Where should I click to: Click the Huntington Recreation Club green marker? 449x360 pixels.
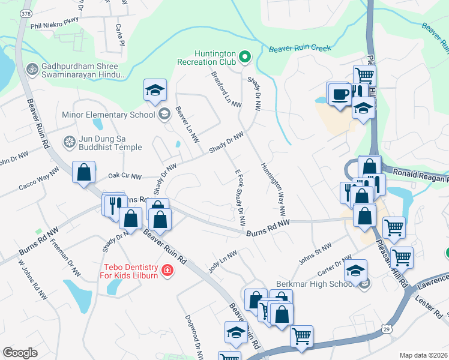[244, 58]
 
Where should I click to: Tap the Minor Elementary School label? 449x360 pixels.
[109, 114]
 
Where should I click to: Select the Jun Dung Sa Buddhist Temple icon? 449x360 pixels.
[70, 142]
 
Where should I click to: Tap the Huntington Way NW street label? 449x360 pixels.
[272, 190]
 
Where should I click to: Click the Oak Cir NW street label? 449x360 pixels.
[124, 176]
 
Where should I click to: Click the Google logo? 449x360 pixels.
[20, 353]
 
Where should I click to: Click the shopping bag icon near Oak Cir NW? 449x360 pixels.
[84, 172]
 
